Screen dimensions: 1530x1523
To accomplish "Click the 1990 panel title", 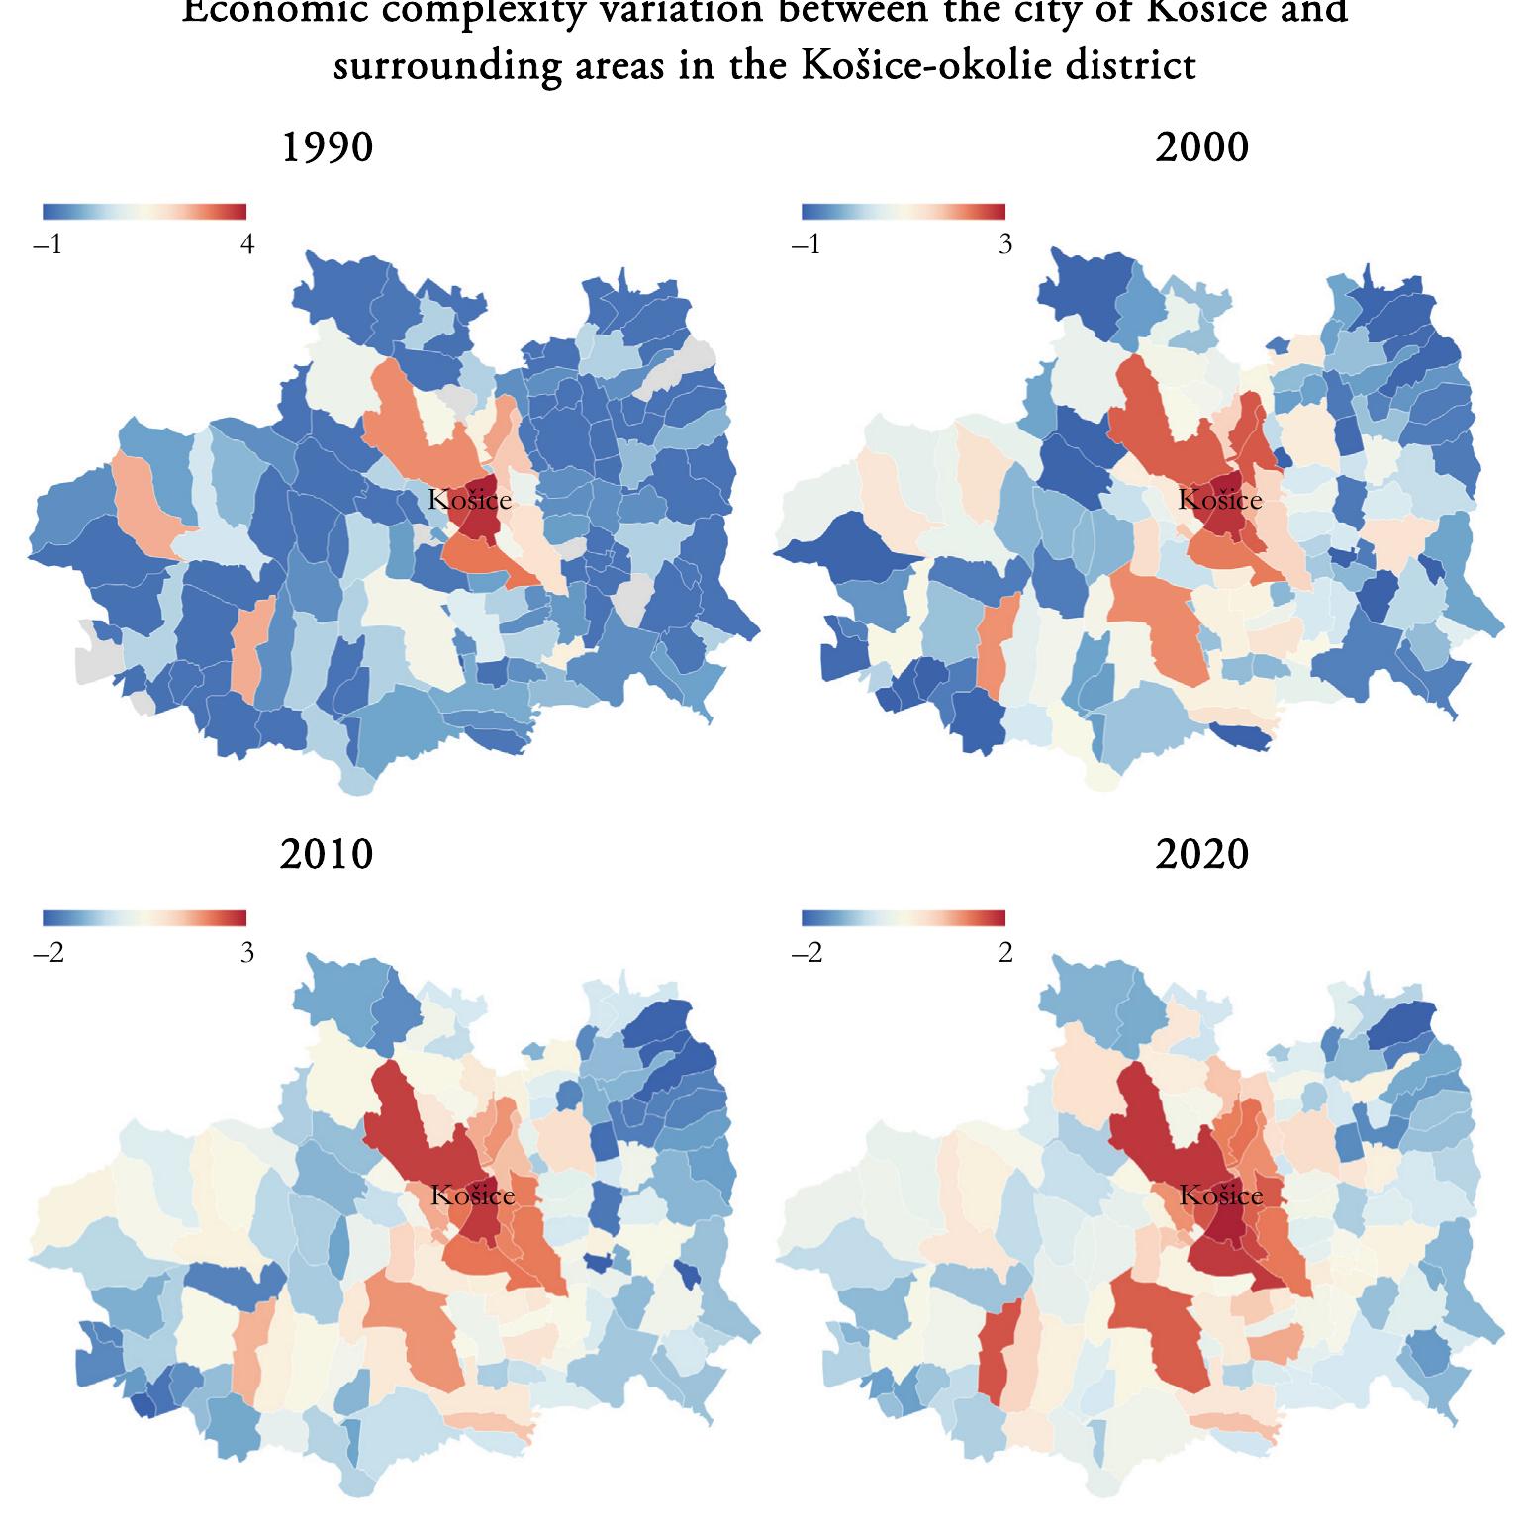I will point(328,148).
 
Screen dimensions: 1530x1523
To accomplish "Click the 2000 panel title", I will point(1201,148).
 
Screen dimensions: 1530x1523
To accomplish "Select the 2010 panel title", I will point(327,854).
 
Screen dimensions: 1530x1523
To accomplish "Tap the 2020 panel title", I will point(1201,854).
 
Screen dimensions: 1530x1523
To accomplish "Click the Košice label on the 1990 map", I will point(470,500).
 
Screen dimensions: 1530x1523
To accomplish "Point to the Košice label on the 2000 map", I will point(1220,500).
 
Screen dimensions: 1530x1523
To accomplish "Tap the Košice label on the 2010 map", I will point(473,1195).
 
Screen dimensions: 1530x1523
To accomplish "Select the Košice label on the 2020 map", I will point(1221,1195).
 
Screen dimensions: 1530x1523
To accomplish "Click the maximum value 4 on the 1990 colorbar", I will point(247,244).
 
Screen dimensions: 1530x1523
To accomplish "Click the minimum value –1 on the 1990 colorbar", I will point(48,244).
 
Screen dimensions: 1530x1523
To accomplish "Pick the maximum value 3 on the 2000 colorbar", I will point(1005,244).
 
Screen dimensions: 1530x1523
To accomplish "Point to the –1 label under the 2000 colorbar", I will point(807,244).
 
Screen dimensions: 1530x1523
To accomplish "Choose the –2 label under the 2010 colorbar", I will point(48,952).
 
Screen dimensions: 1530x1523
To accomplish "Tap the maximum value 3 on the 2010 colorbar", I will point(247,952).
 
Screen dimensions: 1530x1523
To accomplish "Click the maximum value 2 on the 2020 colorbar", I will point(1005,952).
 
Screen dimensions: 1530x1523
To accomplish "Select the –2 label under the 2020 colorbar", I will point(807,952).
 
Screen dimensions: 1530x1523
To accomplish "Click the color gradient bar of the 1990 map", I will point(144,211).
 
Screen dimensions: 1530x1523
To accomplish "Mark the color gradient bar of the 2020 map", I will point(904,917).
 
